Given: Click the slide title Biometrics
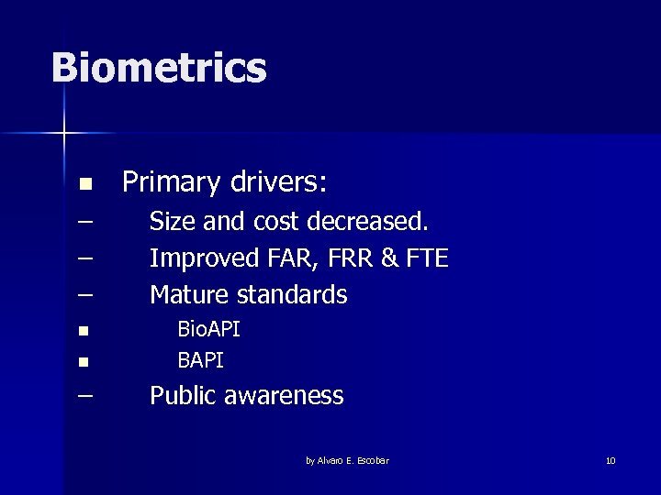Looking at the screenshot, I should [159, 68].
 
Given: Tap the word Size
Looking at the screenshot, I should [172, 222].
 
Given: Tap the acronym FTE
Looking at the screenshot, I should [427, 258].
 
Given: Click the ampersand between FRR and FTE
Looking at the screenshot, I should [389, 258].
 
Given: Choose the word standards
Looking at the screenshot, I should [292, 295].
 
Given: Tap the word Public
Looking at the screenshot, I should [184, 396].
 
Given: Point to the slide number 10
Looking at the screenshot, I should [611, 460].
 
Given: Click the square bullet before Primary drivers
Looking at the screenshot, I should [84, 185].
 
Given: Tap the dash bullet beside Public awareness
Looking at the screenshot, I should [85, 395].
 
